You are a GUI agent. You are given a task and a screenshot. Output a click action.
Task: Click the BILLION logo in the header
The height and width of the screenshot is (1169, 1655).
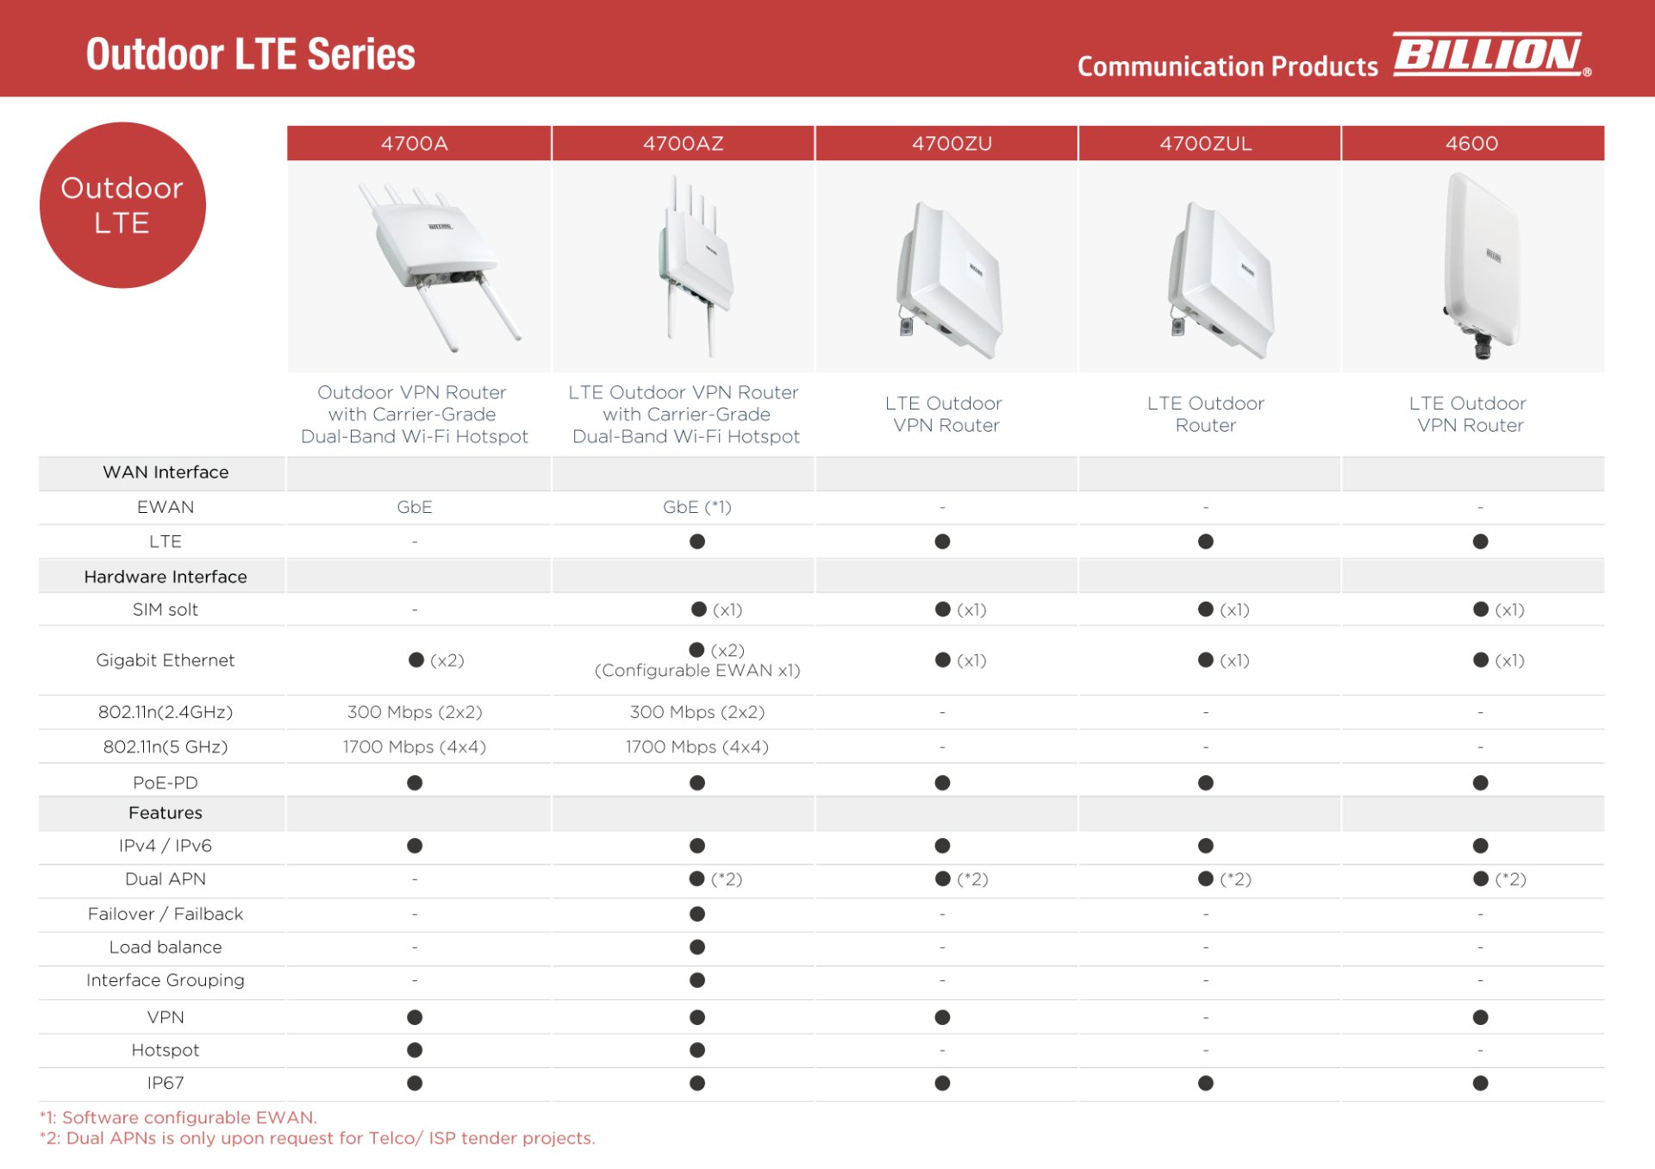[1490, 54]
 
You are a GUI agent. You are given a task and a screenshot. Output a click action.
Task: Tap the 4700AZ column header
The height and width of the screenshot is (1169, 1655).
[683, 143]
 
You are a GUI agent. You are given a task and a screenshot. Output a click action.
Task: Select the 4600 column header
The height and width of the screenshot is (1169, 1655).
[1471, 143]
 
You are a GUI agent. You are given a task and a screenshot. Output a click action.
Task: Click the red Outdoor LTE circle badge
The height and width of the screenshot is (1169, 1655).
[122, 205]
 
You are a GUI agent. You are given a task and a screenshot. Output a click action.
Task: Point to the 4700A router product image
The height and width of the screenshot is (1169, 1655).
[435, 263]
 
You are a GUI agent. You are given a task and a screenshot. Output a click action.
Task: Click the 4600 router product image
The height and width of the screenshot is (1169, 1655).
[1481, 263]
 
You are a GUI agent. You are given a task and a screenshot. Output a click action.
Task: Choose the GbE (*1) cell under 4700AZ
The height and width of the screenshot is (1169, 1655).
[696, 507]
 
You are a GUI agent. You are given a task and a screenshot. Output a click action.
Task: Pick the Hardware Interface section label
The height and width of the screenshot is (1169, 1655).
[165, 577]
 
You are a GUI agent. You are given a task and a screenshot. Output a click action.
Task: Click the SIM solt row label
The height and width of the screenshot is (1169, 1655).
[165, 610]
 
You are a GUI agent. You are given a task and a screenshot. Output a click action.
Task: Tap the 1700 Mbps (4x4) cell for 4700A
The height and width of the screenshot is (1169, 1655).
[415, 747]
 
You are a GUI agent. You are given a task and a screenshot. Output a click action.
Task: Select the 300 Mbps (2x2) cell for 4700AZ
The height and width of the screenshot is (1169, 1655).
[696, 712]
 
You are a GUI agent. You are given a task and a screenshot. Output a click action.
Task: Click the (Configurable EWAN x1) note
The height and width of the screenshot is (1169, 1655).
[696, 671]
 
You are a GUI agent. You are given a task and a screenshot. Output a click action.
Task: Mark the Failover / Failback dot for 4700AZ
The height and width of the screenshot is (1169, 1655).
[697, 914]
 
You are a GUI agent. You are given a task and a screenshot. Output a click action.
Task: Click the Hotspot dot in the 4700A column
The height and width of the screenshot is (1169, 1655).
[415, 1050]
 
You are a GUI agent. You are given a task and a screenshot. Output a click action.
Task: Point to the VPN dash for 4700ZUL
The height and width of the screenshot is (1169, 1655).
[1205, 1017]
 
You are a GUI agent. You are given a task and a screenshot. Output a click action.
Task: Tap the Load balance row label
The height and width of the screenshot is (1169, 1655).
[165, 947]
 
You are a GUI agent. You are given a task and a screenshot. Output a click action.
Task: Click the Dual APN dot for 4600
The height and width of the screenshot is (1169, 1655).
[1481, 878]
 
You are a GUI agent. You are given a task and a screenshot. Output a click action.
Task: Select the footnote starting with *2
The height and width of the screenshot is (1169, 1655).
[317, 1138]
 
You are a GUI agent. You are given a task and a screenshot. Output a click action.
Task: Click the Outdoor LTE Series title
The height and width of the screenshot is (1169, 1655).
[250, 54]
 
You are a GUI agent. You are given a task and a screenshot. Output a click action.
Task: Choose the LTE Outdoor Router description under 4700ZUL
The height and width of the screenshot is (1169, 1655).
[1205, 414]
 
